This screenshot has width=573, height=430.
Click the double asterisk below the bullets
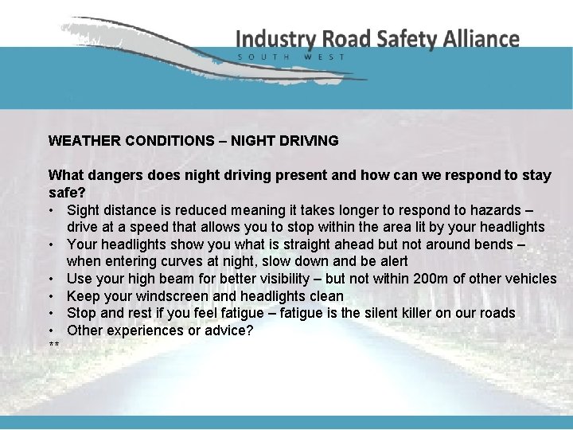coord(54,346)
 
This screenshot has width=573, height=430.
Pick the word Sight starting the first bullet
coord(84,209)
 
